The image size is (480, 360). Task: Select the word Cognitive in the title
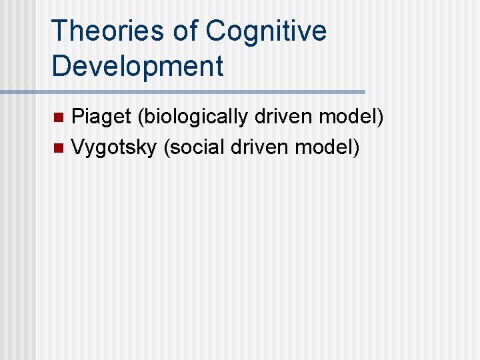tap(267, 31)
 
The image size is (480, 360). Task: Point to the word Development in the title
tap(137, 66)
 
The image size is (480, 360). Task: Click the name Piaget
tap(101, 118)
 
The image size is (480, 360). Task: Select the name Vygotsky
tap(113, 147)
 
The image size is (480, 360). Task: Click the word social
tap(197, 147)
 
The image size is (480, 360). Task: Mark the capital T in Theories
tap(59, 31)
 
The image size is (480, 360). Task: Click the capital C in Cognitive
tap(216, 31)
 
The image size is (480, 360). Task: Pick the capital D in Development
tap(61, 66)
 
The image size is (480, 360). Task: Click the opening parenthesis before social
tap(166, 147)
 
